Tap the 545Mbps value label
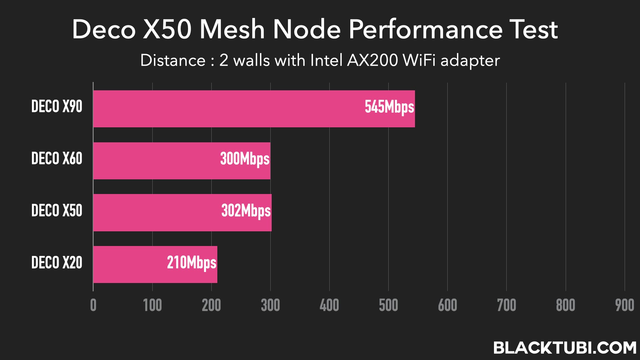389,107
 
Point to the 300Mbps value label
245,159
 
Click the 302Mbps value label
246,211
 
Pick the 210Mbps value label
191,263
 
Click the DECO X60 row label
57,158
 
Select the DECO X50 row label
57,211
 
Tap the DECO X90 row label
57,107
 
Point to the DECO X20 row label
57,263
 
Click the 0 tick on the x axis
93,305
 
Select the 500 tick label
388,305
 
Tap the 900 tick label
624,305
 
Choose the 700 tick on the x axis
506,305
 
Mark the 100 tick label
152,305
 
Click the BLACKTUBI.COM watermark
565,348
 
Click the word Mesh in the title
232,29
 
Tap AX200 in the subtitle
372,61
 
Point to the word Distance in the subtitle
173,61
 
